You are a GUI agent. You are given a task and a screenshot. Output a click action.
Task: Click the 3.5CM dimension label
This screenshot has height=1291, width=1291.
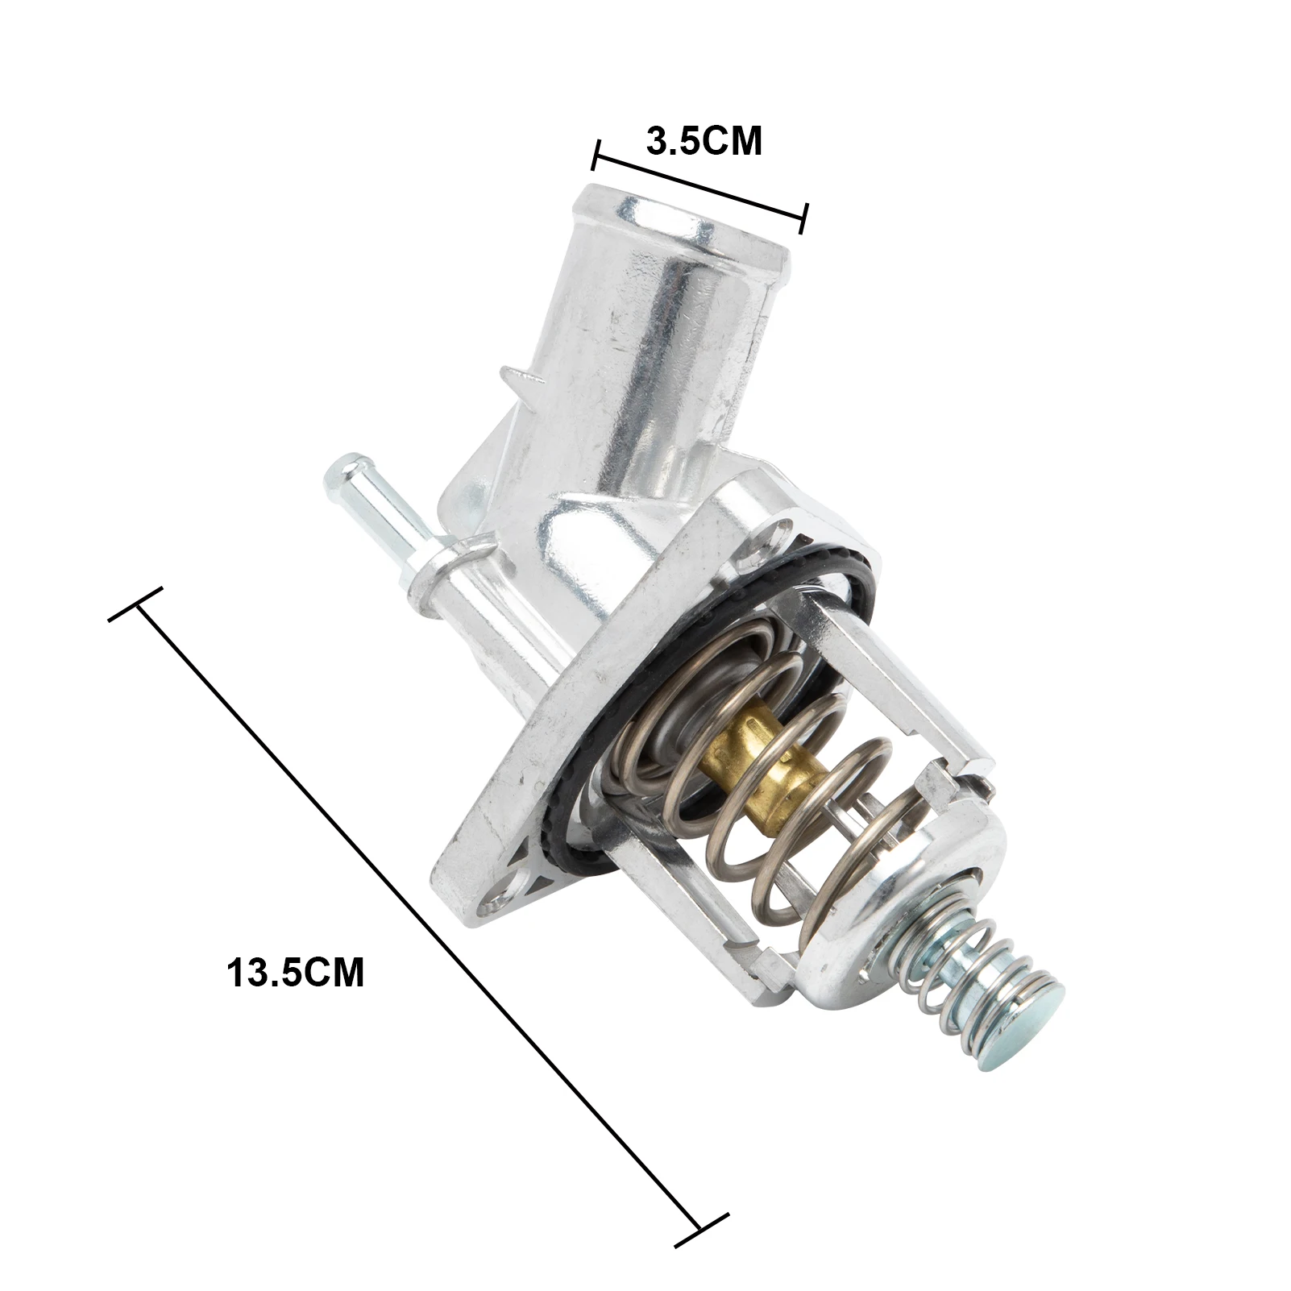click(x=704, y=141)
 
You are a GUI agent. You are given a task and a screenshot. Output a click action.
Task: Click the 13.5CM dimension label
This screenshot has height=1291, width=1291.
click(x=296, y=972)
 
